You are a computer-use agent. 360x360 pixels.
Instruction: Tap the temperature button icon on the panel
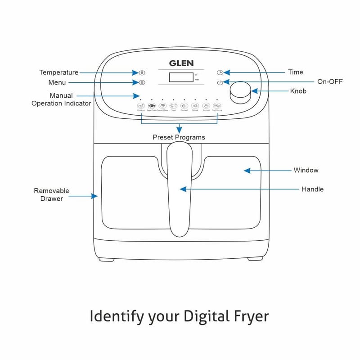coord(142,72)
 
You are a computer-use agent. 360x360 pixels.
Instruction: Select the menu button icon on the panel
coord(142,82)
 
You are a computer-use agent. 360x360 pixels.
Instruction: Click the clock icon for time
coord(220,72)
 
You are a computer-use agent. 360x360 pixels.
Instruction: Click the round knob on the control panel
coord(240,91)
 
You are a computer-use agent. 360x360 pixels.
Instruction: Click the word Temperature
coord(58,72)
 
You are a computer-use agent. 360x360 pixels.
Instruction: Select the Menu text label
coord(57,82)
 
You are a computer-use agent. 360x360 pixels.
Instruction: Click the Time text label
coord(296,72)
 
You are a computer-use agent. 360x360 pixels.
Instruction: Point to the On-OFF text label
coord(330,82)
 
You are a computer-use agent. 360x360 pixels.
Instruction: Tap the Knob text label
coord(298,91)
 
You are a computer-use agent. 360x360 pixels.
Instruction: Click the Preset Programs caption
coord(179,137)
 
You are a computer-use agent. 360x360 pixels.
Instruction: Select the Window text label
coord(306,170)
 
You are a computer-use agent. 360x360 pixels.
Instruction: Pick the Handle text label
coord(312,189)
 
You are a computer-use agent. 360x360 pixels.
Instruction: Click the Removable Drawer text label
coord(52,194)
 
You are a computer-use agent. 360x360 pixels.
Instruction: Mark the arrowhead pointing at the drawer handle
coord(183,189)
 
